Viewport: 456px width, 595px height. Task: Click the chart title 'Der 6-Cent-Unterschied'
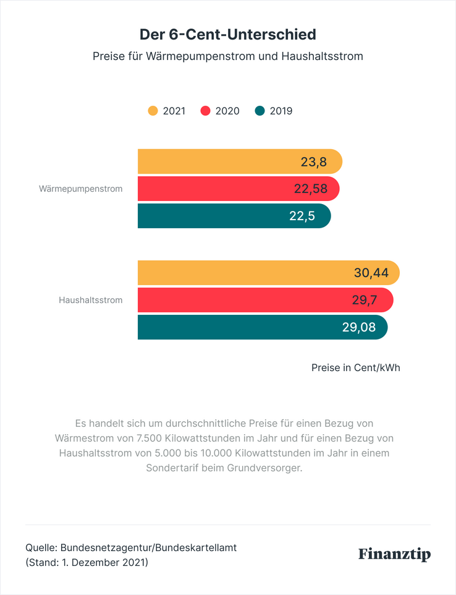228,35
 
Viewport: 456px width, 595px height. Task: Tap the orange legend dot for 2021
153,111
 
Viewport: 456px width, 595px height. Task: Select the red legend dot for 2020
205,111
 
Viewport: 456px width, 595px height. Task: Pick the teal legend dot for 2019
260,111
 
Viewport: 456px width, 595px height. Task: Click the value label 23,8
313,162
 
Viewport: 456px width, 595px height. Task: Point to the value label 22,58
310,189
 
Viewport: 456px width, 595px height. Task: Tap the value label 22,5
302,216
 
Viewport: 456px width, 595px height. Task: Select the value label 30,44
371,273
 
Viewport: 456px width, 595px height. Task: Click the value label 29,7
365,300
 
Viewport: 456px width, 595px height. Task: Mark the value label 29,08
359,327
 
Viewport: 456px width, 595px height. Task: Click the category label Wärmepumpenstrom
81,189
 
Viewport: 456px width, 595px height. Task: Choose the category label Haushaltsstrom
91,300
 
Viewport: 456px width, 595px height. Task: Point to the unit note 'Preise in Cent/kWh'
355,368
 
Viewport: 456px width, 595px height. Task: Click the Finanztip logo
395,554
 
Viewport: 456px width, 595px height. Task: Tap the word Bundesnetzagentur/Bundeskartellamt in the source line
148,547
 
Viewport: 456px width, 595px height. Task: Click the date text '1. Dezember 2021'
103,562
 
